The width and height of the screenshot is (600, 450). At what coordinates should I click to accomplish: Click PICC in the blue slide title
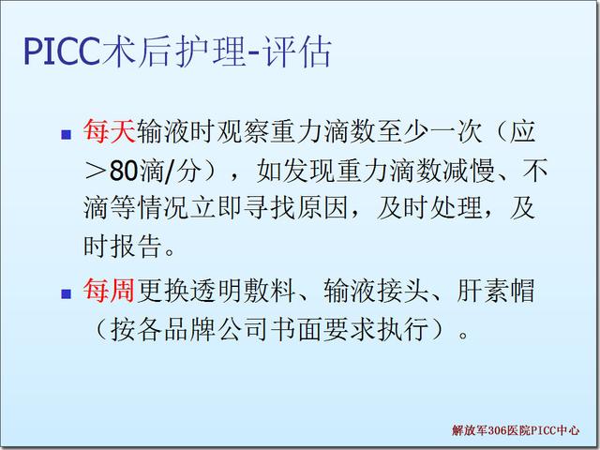click(63, 52)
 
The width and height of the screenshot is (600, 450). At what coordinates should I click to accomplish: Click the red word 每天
click(110, 131)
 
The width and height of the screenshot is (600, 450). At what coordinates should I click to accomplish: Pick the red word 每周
click(109, 290)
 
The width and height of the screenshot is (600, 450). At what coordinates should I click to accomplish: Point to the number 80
click(123, 171)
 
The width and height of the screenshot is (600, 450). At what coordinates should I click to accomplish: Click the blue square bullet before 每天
click(67, 134)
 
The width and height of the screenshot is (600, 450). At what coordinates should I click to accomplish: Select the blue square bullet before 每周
click(67, 293)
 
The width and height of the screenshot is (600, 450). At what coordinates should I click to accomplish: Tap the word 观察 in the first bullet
click(243, 131)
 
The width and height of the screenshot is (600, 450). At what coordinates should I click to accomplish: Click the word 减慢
click(469, 171)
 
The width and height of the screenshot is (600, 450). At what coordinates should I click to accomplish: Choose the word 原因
click(322, 208)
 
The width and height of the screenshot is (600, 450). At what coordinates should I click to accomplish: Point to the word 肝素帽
click(496, 290)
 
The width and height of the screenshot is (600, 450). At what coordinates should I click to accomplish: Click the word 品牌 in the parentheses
click(189, 329)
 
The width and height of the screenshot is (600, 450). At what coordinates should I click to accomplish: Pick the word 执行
click(402, 329)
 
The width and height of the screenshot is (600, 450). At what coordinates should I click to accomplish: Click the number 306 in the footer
click(498, 430)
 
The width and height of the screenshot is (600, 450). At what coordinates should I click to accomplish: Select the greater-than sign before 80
click(95, 171)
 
